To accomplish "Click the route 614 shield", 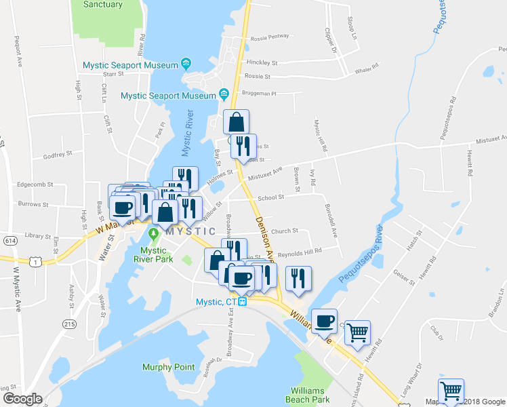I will (9, 241).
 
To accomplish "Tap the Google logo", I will (22, 399).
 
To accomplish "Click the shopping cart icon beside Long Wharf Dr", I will (451, 391).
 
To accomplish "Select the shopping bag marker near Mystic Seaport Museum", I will (236, 122).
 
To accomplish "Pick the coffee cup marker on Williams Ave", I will (325, 320).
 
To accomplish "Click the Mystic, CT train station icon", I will (242, 301).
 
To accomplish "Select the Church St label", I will (285, 231).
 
